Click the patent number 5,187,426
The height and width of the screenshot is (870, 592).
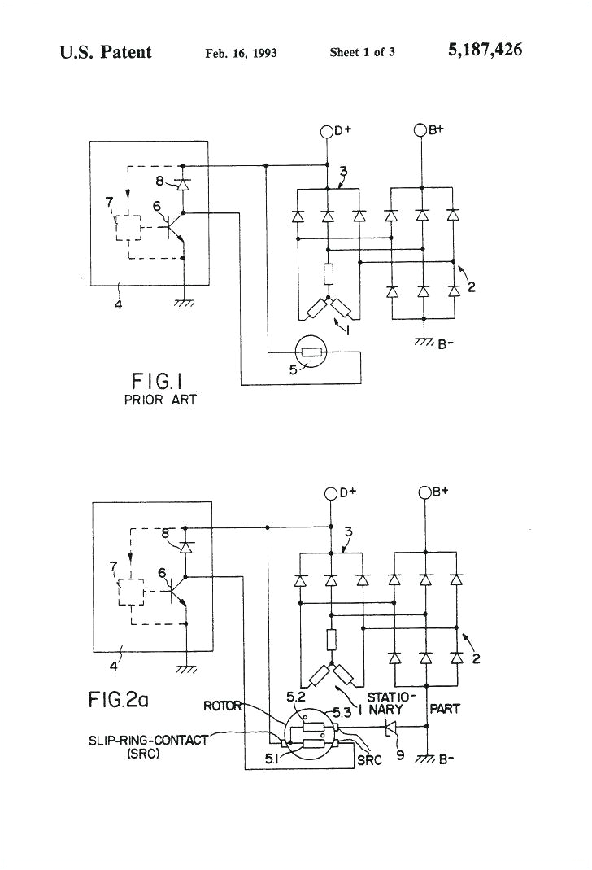(x=485, y=51)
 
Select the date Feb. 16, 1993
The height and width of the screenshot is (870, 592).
(x=241, y=53)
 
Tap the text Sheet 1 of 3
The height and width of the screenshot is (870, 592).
(x=362, y=53)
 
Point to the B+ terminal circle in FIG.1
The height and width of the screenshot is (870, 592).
(x=420, y=130)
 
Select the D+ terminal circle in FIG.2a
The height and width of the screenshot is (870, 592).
(x=331, y=493)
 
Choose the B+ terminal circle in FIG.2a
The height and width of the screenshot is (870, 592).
(x=424, y=493)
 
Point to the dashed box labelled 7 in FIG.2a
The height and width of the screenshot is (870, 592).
(x=131, y=593)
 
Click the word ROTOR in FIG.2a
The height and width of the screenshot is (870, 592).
(x=222, y=706)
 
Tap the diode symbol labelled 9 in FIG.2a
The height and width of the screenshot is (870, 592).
(x=390, y=725)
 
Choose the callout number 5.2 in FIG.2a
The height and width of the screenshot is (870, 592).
(x=295, y=697)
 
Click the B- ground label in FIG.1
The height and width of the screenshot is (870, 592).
(x=446, y=343)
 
